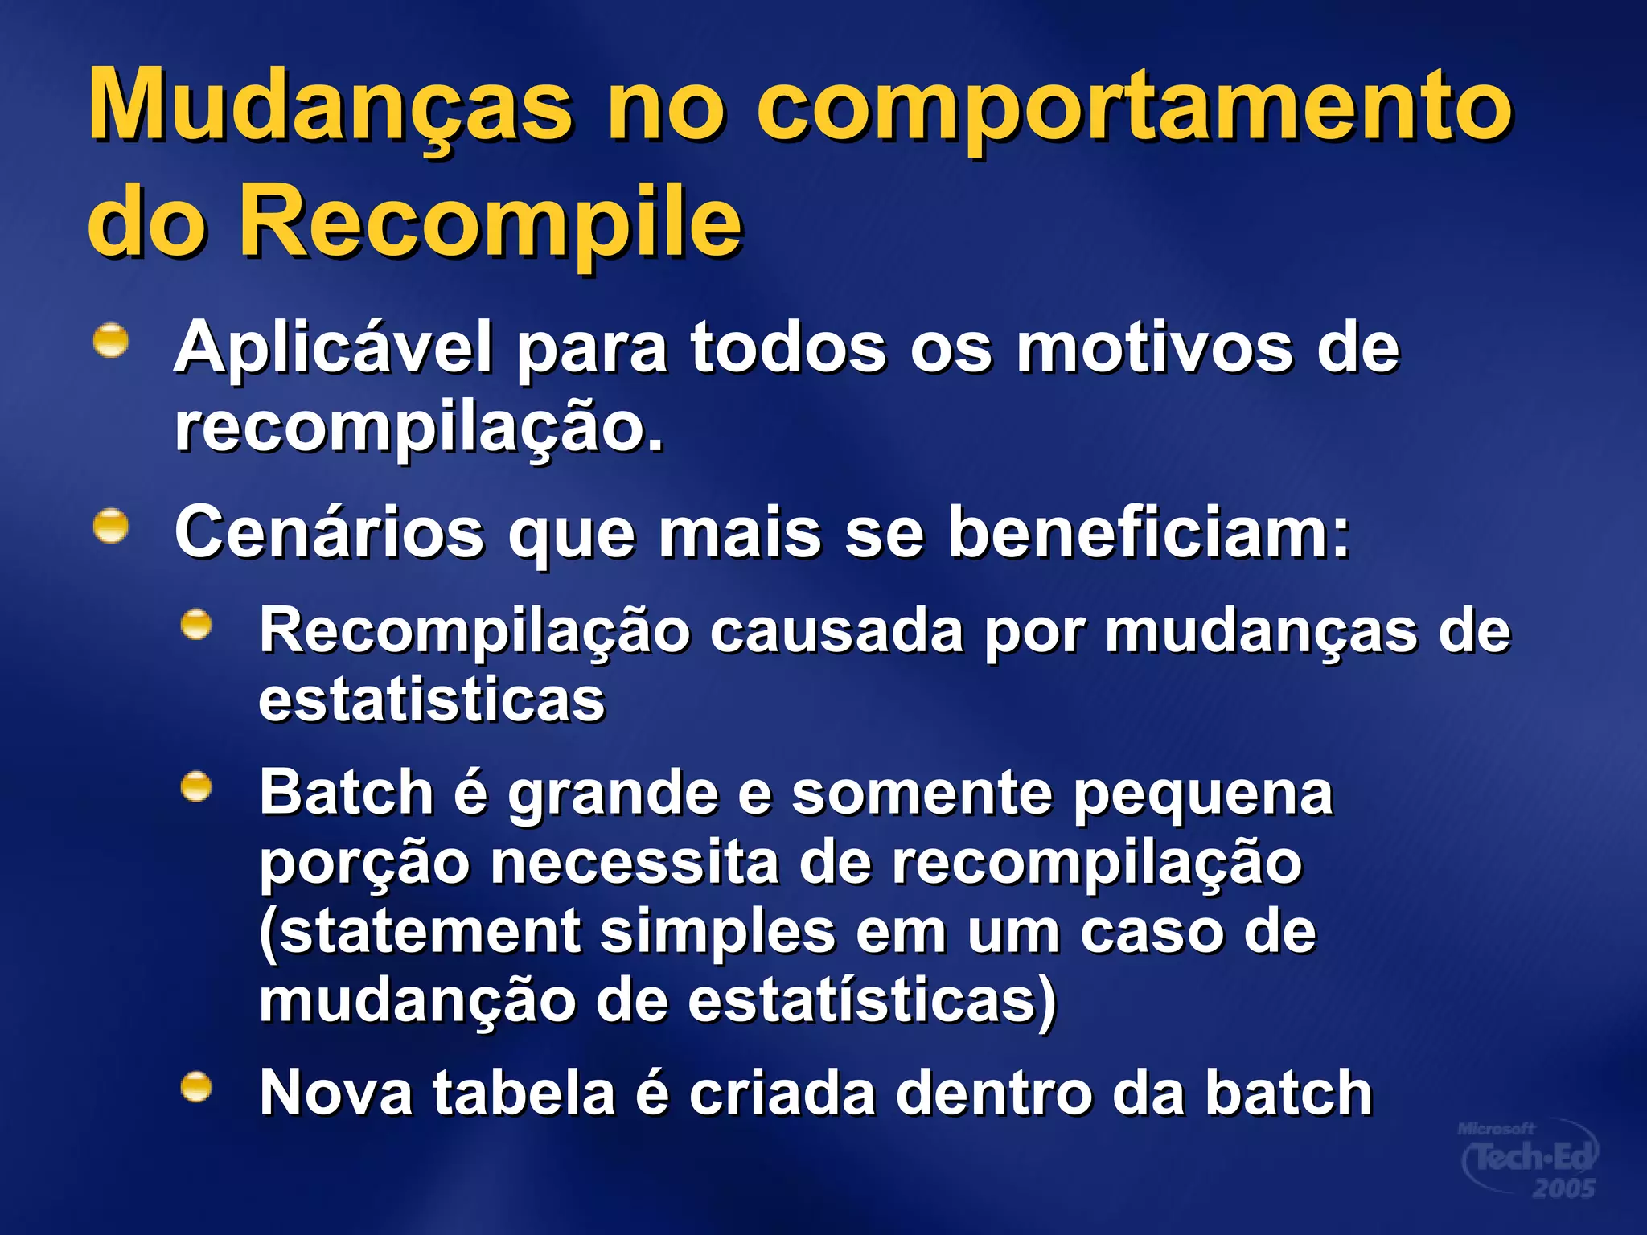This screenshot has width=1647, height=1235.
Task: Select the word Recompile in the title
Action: (x=491, y=220)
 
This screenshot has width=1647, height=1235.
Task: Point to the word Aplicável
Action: (x=333, y=347)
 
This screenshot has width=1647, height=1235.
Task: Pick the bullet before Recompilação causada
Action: (x=196, y=625)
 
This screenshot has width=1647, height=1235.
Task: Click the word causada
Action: (x=836, y=631)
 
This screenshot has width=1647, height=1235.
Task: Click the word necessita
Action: (x=635, y=863)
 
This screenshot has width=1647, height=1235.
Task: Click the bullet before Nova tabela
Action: (x=196, y=1088)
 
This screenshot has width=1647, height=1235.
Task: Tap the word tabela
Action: (x=524, y=1093)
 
